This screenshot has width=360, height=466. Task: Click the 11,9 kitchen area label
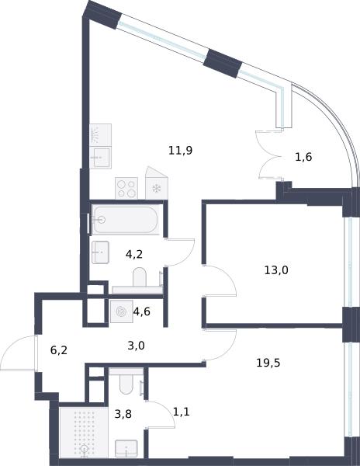tap(181, 151)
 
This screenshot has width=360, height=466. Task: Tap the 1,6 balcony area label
tap(303, 157)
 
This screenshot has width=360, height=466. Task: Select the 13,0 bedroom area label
tap(276, 270)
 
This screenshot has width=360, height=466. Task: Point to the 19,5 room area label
tap(268, 363)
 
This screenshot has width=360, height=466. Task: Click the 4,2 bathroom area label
tap(134, 254)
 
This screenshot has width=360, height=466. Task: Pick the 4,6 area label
tap(141, 311)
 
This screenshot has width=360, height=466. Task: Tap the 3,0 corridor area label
tap(136, 346)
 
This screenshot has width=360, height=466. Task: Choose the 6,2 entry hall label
tap(59, 350)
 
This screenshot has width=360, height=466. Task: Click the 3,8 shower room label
tap(123, 414)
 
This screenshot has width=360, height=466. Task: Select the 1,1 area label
tap(181, 412)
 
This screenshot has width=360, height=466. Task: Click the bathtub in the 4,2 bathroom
tap(125, 220)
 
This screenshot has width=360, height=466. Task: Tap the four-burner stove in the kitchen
tap(126, 188)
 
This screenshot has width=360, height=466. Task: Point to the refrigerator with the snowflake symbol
tap(157, 183)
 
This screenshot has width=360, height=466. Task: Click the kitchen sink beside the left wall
tap(100, 157)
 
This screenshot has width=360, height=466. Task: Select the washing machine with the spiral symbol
tap(122, 311)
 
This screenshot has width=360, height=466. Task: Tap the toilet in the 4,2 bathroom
tap(140, 277)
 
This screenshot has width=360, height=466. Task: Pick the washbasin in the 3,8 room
tap(126, 448)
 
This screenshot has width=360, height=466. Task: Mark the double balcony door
tap(268, 155)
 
